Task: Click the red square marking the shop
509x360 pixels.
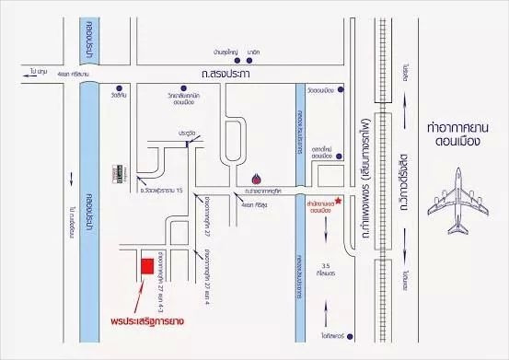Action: [x=146, y=267]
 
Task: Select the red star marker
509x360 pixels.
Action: [x=340, y=201]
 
